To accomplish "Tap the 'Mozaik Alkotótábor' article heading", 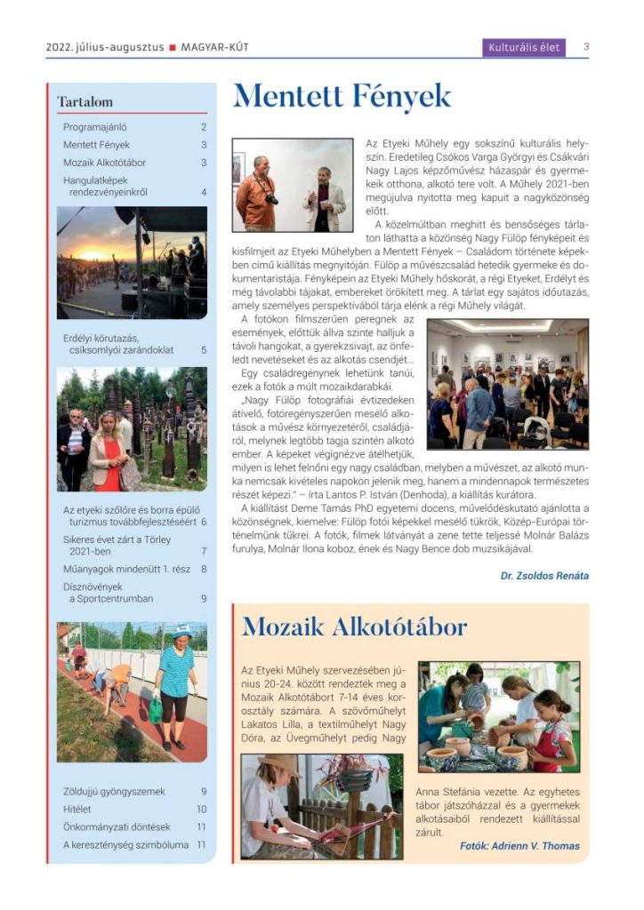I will click(354, 627).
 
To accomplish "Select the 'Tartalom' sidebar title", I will click(85, 102).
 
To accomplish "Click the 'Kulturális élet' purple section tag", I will click(525, 47).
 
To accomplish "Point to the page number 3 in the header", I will click(587, 47).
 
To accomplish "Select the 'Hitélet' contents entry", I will click(77, 809).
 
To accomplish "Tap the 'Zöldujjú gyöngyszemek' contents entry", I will click(114, 791).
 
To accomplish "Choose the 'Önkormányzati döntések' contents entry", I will click(117, 826).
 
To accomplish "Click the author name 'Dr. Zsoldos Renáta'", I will click(544, 576).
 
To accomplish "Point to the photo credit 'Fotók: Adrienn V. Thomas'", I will click(520, 846).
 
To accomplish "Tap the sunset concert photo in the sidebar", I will click(132, 263).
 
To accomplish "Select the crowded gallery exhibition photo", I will click(507, 384).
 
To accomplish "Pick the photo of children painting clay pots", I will click(498, 716).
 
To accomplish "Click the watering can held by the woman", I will click(157, 709).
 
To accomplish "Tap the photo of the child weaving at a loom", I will click(321, 806).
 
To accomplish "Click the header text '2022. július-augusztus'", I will click(105, 47).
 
